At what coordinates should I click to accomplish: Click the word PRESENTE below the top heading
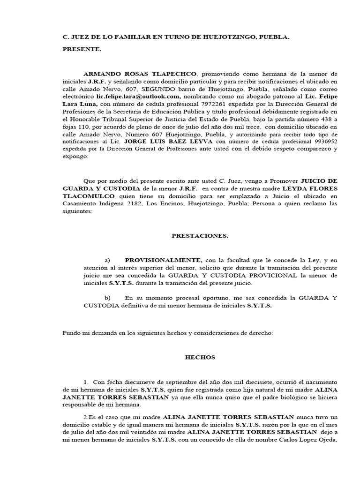[x=82, y=49]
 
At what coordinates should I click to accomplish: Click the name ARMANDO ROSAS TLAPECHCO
[x=141, y=74]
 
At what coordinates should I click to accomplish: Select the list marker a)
[x=107, y=260]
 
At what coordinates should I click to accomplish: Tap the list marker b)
[x=107, y=298]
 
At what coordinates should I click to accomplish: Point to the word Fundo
[x=71, y=333]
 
